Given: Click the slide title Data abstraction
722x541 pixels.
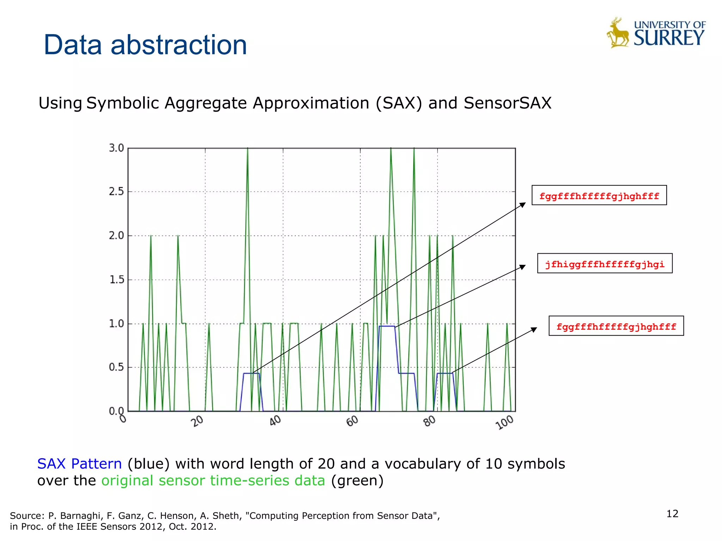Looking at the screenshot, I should click(x=145, y=45).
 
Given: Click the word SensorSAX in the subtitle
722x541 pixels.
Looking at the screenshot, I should click(x=507, y=103).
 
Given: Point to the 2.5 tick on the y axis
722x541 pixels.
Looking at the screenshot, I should click(x=116, y=192).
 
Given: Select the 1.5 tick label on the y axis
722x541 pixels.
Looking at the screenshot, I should click(x=116, y=280).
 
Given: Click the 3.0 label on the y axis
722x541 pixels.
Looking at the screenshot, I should click(x=116, y=148).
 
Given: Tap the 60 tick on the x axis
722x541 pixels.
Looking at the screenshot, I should click(x=352, y=421).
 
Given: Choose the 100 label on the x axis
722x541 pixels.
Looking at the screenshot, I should click(x=505, y=422).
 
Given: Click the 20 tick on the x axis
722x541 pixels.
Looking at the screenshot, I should click(x=198, y=421).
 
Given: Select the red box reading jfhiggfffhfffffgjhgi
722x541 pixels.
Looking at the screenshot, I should click(x=605, y=263).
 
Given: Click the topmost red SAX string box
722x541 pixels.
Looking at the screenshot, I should click(x=599, y=195).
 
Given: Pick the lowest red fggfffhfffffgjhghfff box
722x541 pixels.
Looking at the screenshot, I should click(x=616, y=326).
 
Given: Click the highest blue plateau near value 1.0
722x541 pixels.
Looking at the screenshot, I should click(x=387, y=326).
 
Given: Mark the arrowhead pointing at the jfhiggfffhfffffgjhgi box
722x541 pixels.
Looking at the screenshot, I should click(x=523, y=267).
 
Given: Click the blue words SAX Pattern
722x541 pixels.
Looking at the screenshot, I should click(x=80, y=464).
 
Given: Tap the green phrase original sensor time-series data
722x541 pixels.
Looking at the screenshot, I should click(x=213, y=481).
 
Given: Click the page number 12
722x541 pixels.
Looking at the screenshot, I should click(x=672, y=514).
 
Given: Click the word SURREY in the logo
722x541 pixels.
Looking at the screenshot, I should click(x=669, y=38).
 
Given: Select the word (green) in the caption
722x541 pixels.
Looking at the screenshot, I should click(x=357, y=481).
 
